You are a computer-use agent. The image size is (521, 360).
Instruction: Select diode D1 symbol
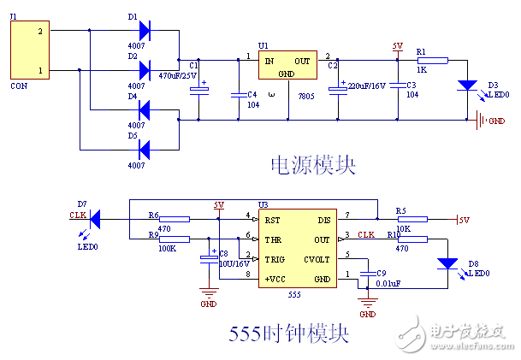[143, 32]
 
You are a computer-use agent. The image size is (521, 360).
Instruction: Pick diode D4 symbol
[143, 109]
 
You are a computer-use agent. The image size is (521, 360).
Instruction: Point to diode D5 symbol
[143, 150]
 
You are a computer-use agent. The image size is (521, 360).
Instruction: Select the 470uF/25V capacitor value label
[178, 76]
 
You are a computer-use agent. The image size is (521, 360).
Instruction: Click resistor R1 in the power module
[431, 61]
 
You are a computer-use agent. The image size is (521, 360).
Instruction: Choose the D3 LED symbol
[467, 85]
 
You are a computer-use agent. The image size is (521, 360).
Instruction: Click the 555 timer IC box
[295, 249]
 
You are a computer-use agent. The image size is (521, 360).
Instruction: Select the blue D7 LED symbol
[96, 220]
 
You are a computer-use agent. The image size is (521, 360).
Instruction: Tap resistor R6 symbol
[175, 219]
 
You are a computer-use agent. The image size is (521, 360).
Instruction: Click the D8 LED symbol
[446, 265]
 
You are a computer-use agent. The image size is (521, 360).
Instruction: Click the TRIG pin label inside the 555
[275, 258]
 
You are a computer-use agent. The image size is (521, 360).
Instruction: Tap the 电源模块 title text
[312, 165]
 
